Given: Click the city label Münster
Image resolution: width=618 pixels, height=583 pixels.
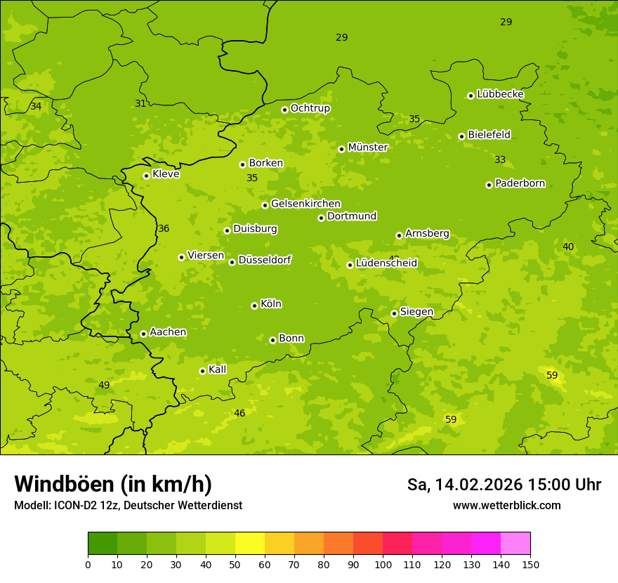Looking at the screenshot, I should click(x=367, y=148).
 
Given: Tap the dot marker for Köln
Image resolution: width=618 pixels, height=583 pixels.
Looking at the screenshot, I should click(x=254, y=306).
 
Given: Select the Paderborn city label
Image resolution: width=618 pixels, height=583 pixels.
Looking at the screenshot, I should click(x=520, y=184).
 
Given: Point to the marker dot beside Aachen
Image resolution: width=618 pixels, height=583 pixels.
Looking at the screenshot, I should click(x=143, y=334).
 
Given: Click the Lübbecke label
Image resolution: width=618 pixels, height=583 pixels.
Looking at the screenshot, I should click(x=500, y=94).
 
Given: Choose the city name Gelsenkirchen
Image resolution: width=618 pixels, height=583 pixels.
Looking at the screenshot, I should click(x=305, y=204).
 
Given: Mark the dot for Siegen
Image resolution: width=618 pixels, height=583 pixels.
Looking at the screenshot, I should click(x=394, y=313).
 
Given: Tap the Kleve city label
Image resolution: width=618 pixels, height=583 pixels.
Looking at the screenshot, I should click(x=166, y=174).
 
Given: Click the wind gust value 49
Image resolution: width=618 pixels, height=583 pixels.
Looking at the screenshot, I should click(x=104, y=385).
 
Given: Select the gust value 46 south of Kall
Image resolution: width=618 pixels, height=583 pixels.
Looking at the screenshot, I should click(x=239, y=413).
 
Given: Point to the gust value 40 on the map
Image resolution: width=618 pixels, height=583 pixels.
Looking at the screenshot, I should click(x=568, y=247).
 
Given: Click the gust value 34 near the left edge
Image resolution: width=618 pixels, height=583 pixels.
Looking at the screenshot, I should click(x=36, y=107).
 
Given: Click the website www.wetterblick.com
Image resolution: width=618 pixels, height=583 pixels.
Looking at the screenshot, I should click(x=506, y=505).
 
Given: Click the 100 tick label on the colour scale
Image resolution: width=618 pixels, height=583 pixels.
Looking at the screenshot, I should click(x=383, y=564).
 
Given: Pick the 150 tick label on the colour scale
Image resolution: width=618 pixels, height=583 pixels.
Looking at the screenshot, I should click(x=530, y=564).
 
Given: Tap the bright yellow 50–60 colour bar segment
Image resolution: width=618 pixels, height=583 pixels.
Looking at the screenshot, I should click(x=250, y=544).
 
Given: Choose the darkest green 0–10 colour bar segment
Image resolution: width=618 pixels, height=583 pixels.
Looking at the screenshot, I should click(x=103, y=544).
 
